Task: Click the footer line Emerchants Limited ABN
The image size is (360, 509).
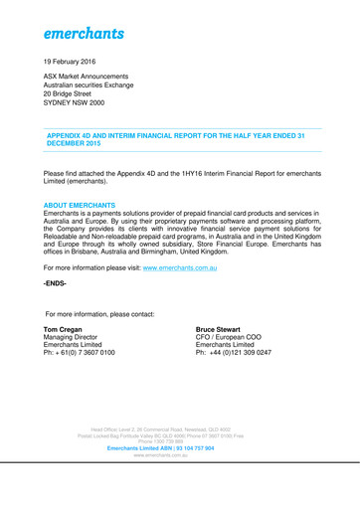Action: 179,449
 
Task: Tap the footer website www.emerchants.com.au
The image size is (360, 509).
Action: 179,457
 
